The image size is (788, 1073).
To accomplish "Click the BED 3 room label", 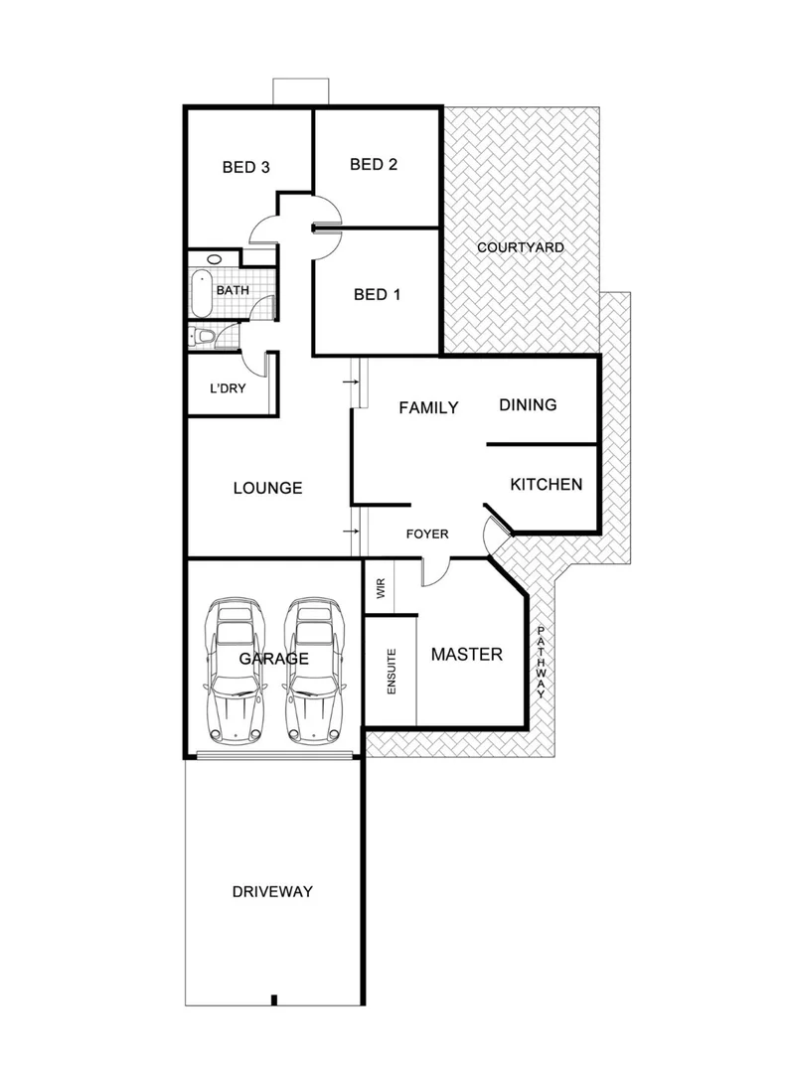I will coord(245,168).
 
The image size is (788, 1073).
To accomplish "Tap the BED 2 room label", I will coord(374,165).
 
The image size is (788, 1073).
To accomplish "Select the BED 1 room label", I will coord(378,295).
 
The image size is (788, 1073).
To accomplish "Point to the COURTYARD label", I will coord(521,247).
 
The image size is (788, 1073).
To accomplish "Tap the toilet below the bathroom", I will coord(203,337).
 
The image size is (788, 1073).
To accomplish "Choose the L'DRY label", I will coord(227,388).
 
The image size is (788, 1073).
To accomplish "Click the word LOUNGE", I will coord(267,488).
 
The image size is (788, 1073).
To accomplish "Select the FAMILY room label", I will coord(428,407).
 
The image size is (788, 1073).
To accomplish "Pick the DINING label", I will coord(528,405).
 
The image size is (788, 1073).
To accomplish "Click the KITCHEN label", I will coord(546,485).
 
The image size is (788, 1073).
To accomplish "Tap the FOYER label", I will coord(427,535).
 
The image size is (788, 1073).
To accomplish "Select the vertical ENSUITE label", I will coord(392,671).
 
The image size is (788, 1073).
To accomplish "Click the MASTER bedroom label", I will coord(466,655).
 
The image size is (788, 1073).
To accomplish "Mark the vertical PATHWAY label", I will coord(541,664).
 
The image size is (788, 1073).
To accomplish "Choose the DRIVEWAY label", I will coord(272,892).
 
